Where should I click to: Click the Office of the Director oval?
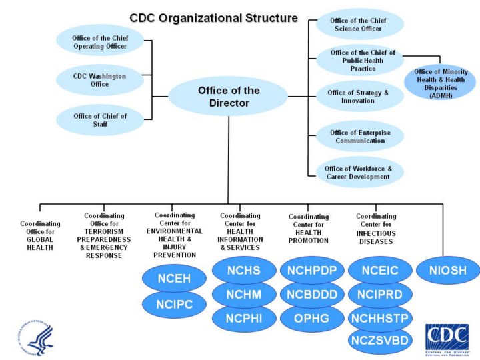(228, 97)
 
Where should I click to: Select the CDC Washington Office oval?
(99, 80)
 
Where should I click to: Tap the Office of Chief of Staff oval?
(100, 120)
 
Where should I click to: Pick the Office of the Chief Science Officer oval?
(360, 25)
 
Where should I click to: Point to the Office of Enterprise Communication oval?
(360, 137)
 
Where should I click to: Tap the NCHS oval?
(243, 271)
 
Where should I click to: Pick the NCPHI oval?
(243, 319)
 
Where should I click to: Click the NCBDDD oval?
(312, 295)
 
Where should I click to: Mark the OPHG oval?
(312, 319)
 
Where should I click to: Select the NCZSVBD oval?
(380, 341)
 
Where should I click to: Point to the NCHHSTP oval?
(380, 317)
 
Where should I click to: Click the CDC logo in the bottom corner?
(447, 337)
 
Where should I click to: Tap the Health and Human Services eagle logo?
(35, 337)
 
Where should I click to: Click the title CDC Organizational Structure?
(213, 18)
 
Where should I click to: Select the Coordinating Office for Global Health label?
(40, 235)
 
